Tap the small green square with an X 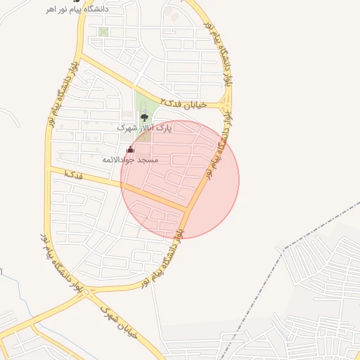pyautogui.click(x=103, y=32)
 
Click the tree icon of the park pyautogui.click(x=144, y=118)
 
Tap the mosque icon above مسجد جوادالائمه pyautogui.click(x=129, y=150)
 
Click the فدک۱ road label pyautogui.click(x=73, y=174)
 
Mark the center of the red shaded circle pyautogui.click(x=180, y=179)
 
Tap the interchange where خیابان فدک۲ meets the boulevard pyautogui.click(x=225, y=105)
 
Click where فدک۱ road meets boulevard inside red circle pyautogui.click(x=187, y=209)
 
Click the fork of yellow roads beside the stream pyautogui.click(x=34, y=324)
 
